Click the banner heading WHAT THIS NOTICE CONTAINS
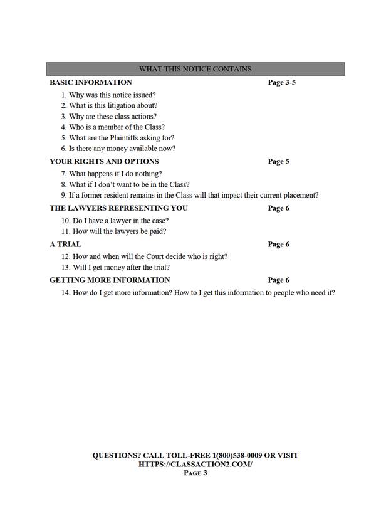tap(195, 69)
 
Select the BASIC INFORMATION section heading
tap(91, 82)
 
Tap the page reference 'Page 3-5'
tap(281, 82)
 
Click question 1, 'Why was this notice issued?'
tap(108, 95)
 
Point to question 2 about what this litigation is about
tap(109, 106)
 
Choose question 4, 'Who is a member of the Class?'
tap(113, 127)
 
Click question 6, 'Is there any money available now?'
tap(118, 149)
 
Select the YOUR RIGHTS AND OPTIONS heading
tap(104, 161)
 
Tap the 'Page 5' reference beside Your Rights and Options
tap(278, 161)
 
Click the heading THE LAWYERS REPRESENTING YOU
tap(118, 208)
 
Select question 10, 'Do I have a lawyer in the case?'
tap(115, 221)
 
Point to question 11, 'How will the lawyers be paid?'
tap(113, 231)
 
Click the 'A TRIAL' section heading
tap(65, 244)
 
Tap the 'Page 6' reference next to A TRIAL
tap(278, 244)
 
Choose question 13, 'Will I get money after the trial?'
tap(115, 268)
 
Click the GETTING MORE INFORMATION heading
tap(110, 280)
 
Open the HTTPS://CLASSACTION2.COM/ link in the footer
tap(195, 464)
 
